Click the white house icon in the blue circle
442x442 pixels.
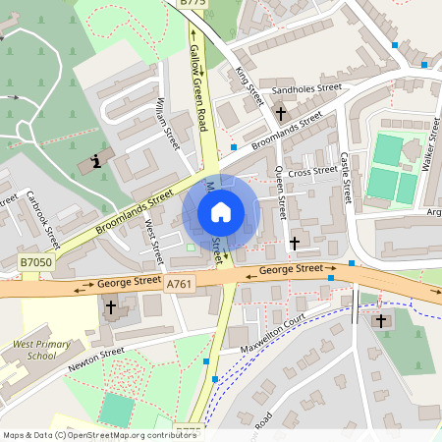220,211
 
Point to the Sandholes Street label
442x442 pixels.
306,89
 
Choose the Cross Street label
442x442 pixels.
312,172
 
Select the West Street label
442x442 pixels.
152,242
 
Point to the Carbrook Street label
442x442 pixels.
44,219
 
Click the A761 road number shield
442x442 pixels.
179,284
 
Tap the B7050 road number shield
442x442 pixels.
33,263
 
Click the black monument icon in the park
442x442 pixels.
96,160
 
